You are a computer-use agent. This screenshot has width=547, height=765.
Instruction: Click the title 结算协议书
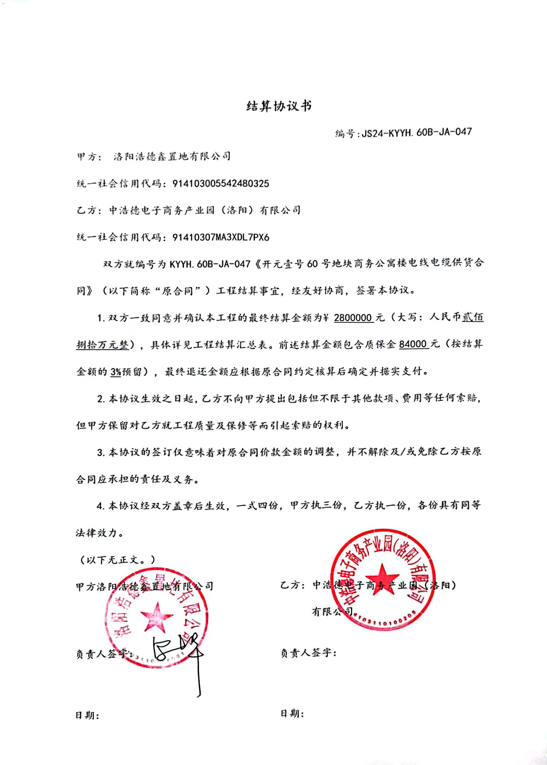(x=279, y=106)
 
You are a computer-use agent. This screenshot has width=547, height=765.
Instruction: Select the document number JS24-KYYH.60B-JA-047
(x=417, y=132)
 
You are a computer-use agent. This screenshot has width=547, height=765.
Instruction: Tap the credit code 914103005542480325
(x=221, y=184)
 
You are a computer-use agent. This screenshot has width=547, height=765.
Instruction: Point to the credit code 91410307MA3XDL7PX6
(x=221, y=237)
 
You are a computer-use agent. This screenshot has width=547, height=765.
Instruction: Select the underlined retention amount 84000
(x=414, y=344)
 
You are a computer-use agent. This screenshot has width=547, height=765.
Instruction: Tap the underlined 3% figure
(x=116, y=371)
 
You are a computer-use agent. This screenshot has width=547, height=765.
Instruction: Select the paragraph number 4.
(x=100, y=506)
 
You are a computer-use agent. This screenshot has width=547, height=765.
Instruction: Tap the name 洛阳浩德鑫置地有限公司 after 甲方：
(x=172, y=156)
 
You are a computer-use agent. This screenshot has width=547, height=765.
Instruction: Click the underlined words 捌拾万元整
(x=103, y=345)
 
